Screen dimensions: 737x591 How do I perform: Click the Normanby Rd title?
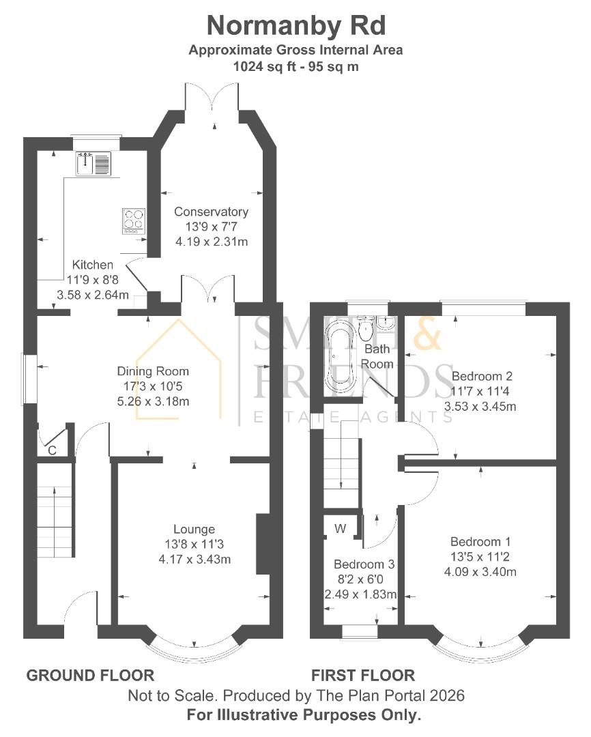click(x=295, y=25)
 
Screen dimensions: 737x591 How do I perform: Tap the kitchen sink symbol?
click(x=93, y=164)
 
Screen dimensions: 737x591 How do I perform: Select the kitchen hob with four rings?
click(x=134, y=220)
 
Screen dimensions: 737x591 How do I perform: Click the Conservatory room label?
click(x=211, y=212)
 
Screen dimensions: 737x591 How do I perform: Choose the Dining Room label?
click(x=153, y=372)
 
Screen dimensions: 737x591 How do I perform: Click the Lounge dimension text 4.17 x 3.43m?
click(x=193, y=560)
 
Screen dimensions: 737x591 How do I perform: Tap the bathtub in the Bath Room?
click(x=339, y=358)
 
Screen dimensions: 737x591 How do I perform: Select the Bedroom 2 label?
click(x=482, y=376)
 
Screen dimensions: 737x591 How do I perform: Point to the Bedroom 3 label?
click(x=364, y=565)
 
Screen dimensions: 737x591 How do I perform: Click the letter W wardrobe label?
click(x=339, y=528)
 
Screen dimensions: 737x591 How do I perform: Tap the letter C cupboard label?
click(x=52, y=450)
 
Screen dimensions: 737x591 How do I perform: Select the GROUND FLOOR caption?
click(x=90, y=676)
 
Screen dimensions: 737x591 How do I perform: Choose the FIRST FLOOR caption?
click(x=363, y=676)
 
